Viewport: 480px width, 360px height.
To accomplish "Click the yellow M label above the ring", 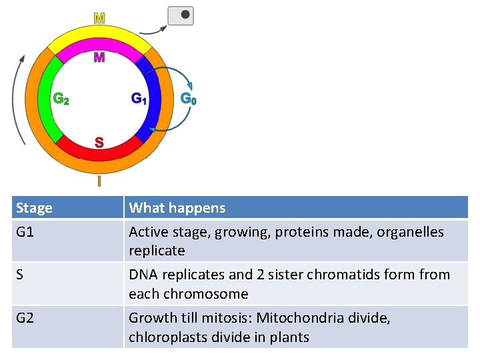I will (x=99, y=18).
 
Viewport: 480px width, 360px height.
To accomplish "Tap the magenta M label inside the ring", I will (x=99, y=57).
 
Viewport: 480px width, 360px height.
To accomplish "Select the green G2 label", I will (x=61, y=99).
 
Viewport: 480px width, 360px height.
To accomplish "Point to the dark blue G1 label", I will (x=139, y=99).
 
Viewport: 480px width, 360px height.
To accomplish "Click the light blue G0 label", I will (x=189, y=99).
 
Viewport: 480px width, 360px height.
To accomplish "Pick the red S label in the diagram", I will (x=99, y=142).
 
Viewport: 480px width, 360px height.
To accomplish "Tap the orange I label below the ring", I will (x=99, y=181).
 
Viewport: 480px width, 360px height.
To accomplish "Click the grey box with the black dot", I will (x=181, y=15).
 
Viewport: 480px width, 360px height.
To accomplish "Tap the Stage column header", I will (x=34, y=208).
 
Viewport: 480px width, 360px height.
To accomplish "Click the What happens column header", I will (x=177, y=208).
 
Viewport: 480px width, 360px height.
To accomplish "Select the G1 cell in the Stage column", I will (x=25, y=232).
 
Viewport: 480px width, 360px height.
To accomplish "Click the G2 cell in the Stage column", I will (x=25, y=318).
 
